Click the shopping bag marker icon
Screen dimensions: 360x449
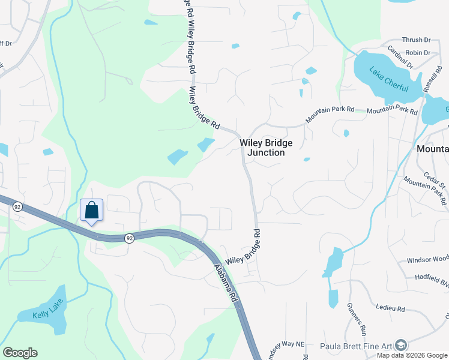pos(91,211)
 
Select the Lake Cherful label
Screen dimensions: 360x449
pos(388,80)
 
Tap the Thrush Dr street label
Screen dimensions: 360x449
pos(416,40)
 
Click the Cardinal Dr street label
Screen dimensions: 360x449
pos(400,57)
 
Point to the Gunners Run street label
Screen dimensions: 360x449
pos(357,319)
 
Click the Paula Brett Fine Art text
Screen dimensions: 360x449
pos(357,346)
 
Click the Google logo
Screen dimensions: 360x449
pos(20,353)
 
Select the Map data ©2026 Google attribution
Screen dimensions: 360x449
pos(412,355)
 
